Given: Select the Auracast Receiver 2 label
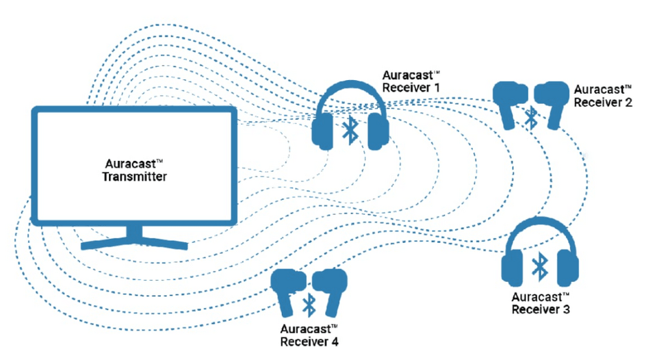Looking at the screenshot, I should (602, 96).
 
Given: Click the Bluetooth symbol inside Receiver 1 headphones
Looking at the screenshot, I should (350, 129).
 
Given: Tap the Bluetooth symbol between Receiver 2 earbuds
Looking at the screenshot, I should (530, 116).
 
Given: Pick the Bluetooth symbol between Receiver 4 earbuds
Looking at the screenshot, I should (309, 302).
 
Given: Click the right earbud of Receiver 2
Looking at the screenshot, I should (552, 101).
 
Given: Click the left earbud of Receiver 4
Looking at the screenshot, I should (288, 288).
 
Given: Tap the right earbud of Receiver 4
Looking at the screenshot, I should (331, 287).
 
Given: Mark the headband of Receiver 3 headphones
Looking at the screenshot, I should (540, 227).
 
